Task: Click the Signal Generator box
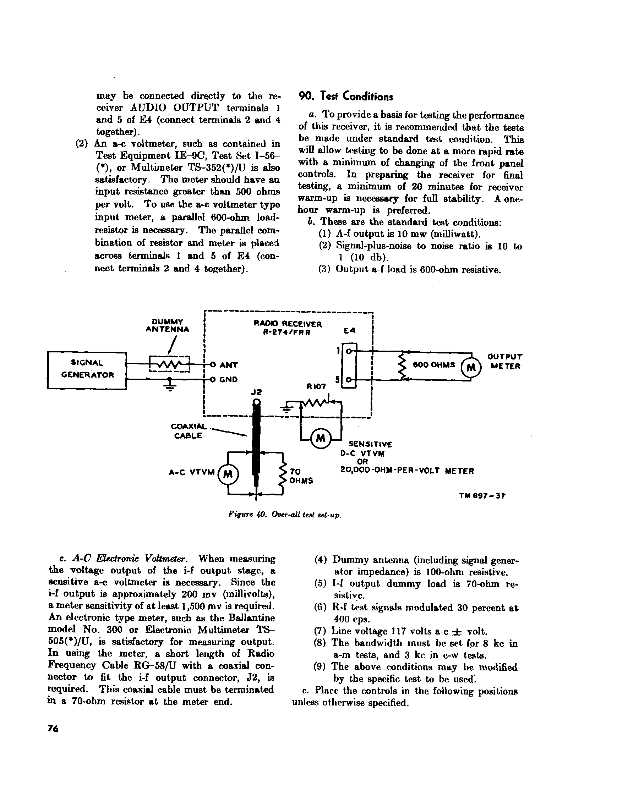[87, 370]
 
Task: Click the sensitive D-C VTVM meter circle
[321, 439]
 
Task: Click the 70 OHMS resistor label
[301, 476]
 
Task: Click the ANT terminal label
[229, 365]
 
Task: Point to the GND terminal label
[229, 380]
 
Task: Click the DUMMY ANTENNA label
[167, 326]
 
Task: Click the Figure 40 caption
[285, 515]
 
